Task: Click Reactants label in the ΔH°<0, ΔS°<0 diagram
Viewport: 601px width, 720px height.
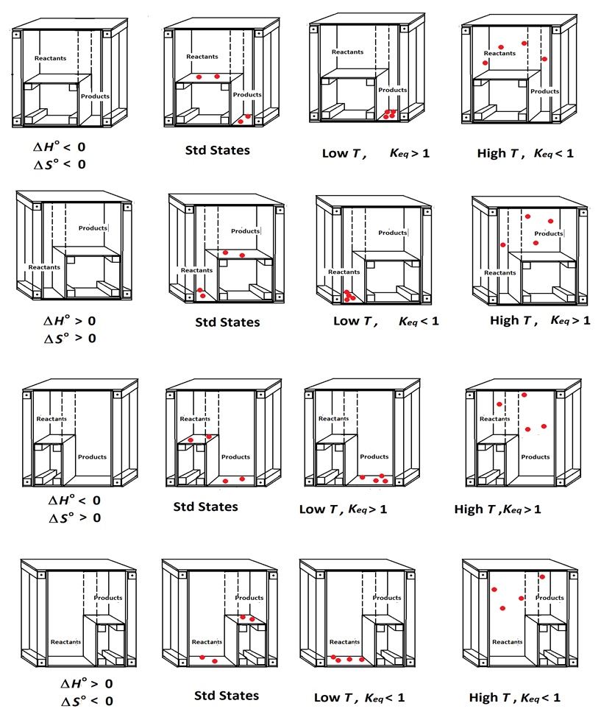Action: (x=49, y=57)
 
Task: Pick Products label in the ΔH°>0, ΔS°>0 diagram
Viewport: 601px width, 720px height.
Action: (x=94, y=228)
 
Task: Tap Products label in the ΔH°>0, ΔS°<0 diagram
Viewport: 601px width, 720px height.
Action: (x=108, y=598)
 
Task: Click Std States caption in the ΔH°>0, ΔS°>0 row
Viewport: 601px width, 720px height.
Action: (x=227, y=322)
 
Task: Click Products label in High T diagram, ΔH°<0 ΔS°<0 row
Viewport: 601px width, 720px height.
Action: (x=545, y=91)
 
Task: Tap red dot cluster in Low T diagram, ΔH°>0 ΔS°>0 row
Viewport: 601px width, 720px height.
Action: (x=348, y=296)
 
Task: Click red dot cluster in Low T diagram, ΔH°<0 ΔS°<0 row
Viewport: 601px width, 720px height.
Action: (x=390, y=114)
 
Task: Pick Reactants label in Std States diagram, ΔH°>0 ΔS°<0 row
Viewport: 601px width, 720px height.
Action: (x=207, y=641)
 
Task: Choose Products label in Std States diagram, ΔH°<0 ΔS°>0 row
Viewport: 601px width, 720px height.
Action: (x=235, y=456)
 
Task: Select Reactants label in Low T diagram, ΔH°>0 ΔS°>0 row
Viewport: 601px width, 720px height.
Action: (x=344, y=272)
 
